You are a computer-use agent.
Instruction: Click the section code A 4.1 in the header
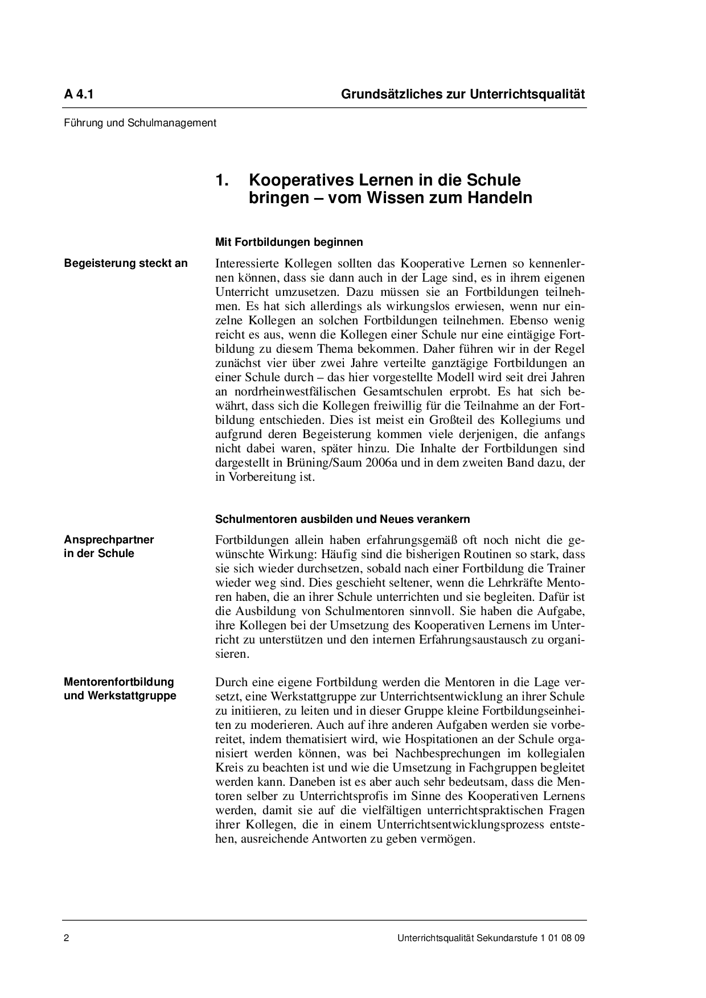coord(79,94)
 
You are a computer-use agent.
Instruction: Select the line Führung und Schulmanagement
coord(140,122)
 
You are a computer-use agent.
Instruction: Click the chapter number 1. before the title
coord(222,180)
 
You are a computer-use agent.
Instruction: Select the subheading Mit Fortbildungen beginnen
coord(289,242)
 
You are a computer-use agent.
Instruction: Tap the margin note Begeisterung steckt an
coord(126,263)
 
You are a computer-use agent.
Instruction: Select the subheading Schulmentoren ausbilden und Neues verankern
coord(342,519)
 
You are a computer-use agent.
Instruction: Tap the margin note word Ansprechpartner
coord(109,539)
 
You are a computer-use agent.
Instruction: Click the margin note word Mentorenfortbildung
coord(119,682)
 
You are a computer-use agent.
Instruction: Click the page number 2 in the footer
coord(67,939)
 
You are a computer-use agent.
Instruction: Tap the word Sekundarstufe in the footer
coord(508,939)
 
